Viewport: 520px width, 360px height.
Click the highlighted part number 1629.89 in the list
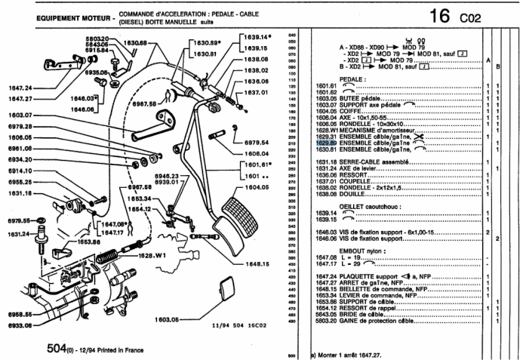point(325,141)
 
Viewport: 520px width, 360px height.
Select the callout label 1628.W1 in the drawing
point(151,255)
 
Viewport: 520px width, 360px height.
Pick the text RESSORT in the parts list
point(352,174)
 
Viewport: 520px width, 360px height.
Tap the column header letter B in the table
point(498,66)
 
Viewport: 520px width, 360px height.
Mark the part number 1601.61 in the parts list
point(325,87)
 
